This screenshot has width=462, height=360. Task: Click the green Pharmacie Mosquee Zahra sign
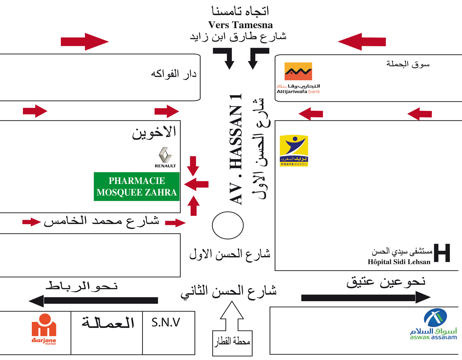coord(136,187)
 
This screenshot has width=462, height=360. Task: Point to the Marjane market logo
coord(44,329)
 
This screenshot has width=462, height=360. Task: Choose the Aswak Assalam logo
coord(434,324)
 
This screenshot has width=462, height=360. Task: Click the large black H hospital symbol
coord(442,253)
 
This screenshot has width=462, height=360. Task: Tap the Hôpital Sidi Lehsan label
coord(399,262)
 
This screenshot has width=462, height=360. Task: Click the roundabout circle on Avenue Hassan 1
coord(228,225)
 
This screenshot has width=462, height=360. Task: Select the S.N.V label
coord(166,322)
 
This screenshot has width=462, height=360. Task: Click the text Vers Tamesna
coord(240,25)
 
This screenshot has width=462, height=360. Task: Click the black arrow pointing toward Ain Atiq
coord(365,297)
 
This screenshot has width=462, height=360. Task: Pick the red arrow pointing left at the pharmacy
coord(197,184)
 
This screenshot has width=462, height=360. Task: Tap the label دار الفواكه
coord(173,74)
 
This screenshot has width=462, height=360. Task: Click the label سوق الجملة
coord(408,64)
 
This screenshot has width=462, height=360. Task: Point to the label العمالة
coord(107,322)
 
